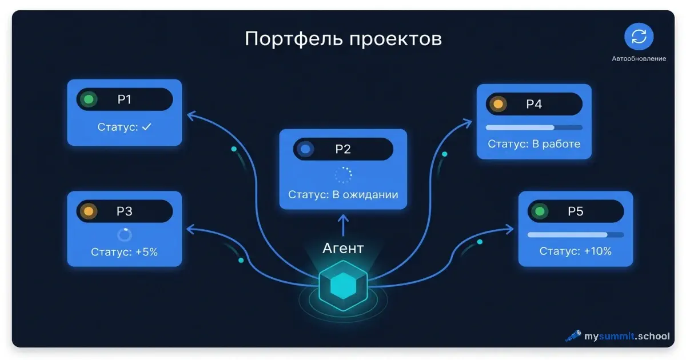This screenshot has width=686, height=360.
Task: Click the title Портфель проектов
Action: tap(343, 39)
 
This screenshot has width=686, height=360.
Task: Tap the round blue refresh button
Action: tap(639, 37)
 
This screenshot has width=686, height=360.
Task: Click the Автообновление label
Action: tap(639, 58)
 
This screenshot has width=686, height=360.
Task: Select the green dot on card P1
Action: tap(89, 99)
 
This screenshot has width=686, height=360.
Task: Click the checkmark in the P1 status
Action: tap(147, 127)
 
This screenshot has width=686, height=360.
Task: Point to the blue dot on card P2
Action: tap(306, 149)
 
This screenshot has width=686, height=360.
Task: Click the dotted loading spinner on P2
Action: tap(343, 174)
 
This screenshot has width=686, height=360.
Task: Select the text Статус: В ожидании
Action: tap(343, 195)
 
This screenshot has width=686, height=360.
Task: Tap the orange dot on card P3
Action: tap(89, 211)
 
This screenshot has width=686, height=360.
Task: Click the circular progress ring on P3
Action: tap(124, 234)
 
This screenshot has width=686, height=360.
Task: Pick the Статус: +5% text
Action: tap(124, 251)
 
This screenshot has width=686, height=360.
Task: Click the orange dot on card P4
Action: tap(498, 105)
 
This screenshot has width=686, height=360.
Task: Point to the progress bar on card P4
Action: tap(534, 127)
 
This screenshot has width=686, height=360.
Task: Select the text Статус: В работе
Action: tap(534, 144)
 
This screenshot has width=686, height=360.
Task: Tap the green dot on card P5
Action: tap(539, 211)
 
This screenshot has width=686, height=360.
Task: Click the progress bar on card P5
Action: tap(575, 234)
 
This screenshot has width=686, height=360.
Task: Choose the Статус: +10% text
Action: tap(575, 251)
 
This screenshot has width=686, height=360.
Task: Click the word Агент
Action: tap(343, 247)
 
